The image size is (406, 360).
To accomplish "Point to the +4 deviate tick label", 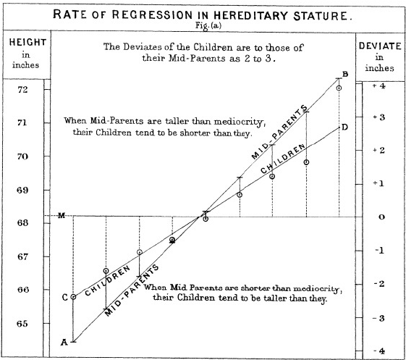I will click(379, 85).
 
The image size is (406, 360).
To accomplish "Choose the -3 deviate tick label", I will click(379, 317).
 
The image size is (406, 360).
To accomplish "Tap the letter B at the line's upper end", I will click(345, 75).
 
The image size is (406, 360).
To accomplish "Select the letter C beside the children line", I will click(64, 297).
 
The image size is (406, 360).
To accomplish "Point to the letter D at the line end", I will click(345, 127).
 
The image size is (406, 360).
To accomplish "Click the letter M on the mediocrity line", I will click(61, 215).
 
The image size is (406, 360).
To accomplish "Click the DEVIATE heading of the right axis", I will click(380, 46).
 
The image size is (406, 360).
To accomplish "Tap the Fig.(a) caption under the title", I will click(203, 25).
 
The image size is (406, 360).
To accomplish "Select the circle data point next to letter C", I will click(73, 296).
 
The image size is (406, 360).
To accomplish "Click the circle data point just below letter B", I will click(339, 88).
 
